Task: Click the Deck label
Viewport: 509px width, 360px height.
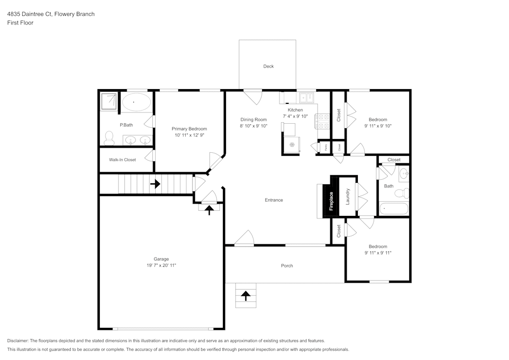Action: pyautogui.click(x=268, y=66)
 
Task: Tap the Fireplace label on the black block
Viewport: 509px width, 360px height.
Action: pyautogui.click(x=331, y=201)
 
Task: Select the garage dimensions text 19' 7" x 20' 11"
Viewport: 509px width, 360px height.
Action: pyautogui.click(x=161, y=265)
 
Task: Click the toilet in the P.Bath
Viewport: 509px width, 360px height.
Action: pyautogui.click(x=109, y=136)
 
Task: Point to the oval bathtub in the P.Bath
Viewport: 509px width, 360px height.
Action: pyautogui.click(x=136, y=102)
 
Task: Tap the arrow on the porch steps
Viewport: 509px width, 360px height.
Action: pyautogui.click(x=246, y=295)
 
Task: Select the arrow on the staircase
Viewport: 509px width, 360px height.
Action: pyautogui.click(x=155, y=184)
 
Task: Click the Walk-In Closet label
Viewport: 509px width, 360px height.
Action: pyautogui.click(x=122, y=159)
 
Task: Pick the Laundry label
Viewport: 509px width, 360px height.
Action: pyautogui.click(x=348, y=197)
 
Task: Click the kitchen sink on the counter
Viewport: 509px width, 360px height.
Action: pyautogui.click(x=307, y=97)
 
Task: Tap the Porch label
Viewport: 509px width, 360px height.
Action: pyautogui.click(x=287, y=265)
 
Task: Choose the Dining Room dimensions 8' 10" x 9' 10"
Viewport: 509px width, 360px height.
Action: pyautogui.click(x=253, y=126)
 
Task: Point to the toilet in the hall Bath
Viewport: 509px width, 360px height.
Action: pyautogui.click(x=403, y=193)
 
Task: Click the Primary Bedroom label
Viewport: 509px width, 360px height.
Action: pyautogui.click(x=189, y=129)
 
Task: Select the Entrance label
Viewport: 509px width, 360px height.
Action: pyautogui.click(x=273, y=200)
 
